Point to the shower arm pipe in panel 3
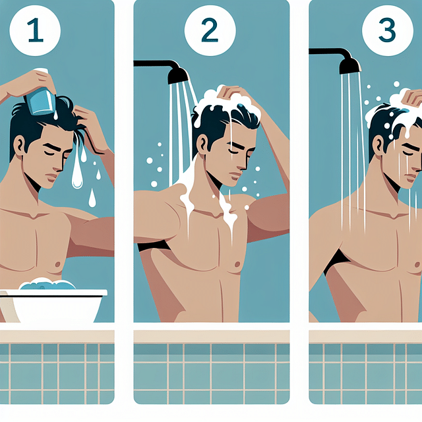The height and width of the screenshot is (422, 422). point(326,51)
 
